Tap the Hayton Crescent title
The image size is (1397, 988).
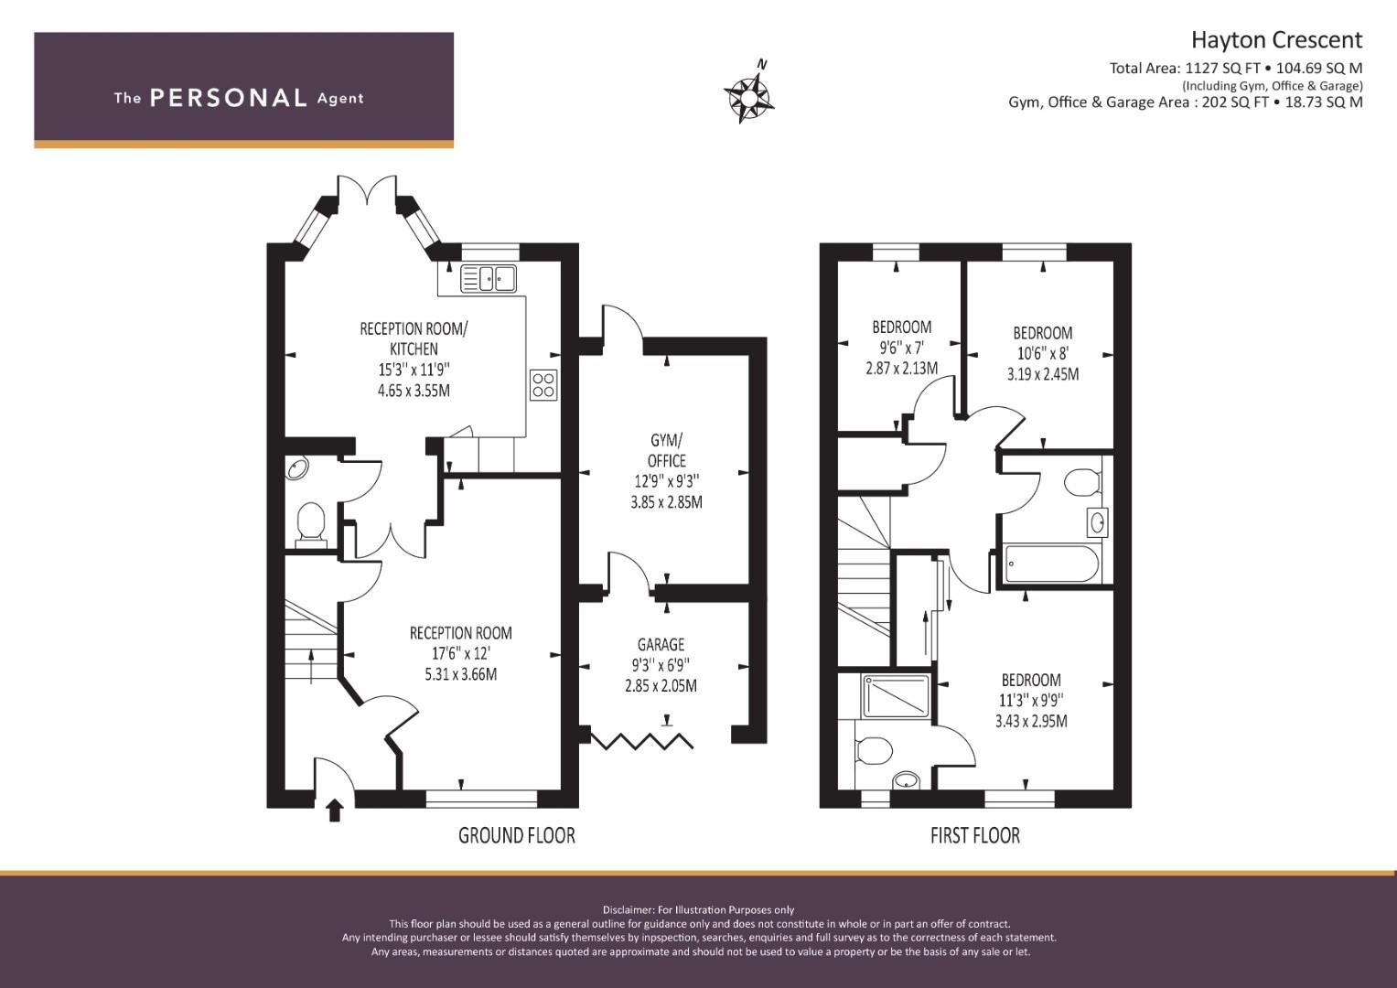[1276, 40]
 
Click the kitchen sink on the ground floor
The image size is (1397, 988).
[489, 278]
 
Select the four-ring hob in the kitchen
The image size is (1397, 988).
[543, 385]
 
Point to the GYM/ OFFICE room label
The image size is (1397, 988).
[667, 450]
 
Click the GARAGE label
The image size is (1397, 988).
[661, 644]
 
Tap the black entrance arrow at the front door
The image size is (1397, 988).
[335, 811]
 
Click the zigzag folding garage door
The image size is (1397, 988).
[641, 741]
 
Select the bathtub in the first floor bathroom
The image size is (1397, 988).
[1051, 564]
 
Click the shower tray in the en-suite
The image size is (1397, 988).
[896, 695]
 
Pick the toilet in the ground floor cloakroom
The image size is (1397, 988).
[310, 526]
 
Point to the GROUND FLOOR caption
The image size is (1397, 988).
[516, 835]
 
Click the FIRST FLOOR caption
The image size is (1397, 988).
[974, 835]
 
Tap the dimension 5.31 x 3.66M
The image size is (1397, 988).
[461, 674]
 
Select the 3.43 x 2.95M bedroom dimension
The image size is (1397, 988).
[1031, 721]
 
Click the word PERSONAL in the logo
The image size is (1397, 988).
[229, 98]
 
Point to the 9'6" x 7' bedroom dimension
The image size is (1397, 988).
[901, 348]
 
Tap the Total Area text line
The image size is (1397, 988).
[1235, 68]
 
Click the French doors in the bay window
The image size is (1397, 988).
[368, 190]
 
